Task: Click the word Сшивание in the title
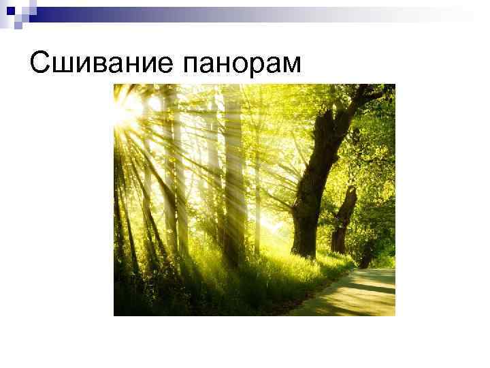pos(101,63)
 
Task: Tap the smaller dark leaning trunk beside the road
pos(343,218)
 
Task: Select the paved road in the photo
pos(354,293)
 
